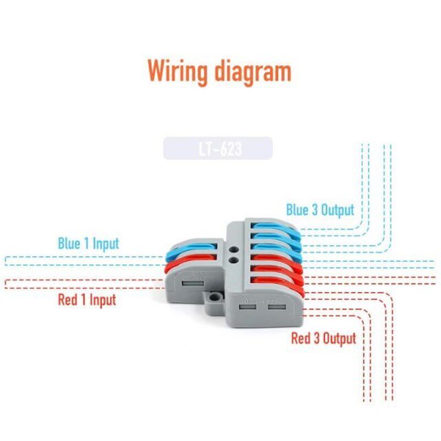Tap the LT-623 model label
click(x=218, y=149)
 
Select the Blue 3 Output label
click(x=320, y=210)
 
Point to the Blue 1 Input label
click(x=88, y=243)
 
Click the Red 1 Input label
click(x=87, y=300)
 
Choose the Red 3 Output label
click(x=324, y=338)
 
